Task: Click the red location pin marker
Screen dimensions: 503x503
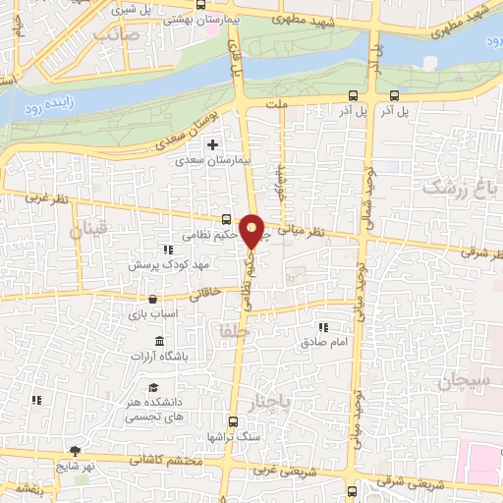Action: tap(252, 230)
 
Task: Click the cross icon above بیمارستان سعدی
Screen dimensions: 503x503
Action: tap(212, 145)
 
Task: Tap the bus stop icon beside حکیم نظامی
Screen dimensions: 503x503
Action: tap(227, 221)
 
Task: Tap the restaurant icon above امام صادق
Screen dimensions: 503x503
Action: tap(321, 326)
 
